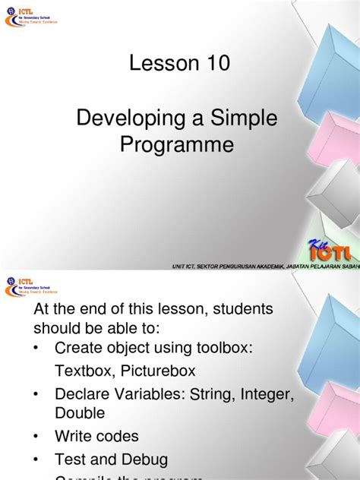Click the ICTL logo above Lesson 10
tap(31, 15)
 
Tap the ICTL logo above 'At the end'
tap(31, 285)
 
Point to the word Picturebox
tap(159, 371)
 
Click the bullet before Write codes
tap(38, 437)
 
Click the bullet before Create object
tap(38, 349)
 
